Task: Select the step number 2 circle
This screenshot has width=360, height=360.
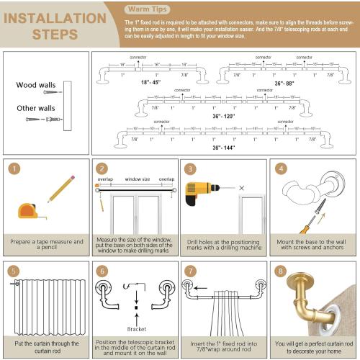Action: [x=102, y=168]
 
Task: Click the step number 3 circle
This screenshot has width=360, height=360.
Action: [x=190, y=168]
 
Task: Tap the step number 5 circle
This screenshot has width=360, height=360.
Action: [x=14, y=272]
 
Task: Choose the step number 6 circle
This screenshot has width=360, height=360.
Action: [x=102, y=272]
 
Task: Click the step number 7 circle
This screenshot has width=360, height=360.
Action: [x=190, y=272]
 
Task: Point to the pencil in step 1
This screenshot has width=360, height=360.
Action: [x=60, y=189]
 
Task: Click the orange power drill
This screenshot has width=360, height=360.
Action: [x=199, y=192]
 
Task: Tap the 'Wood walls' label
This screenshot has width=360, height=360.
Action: [x=35, y=85]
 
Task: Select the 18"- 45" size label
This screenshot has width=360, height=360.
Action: [x=147, y=81]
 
